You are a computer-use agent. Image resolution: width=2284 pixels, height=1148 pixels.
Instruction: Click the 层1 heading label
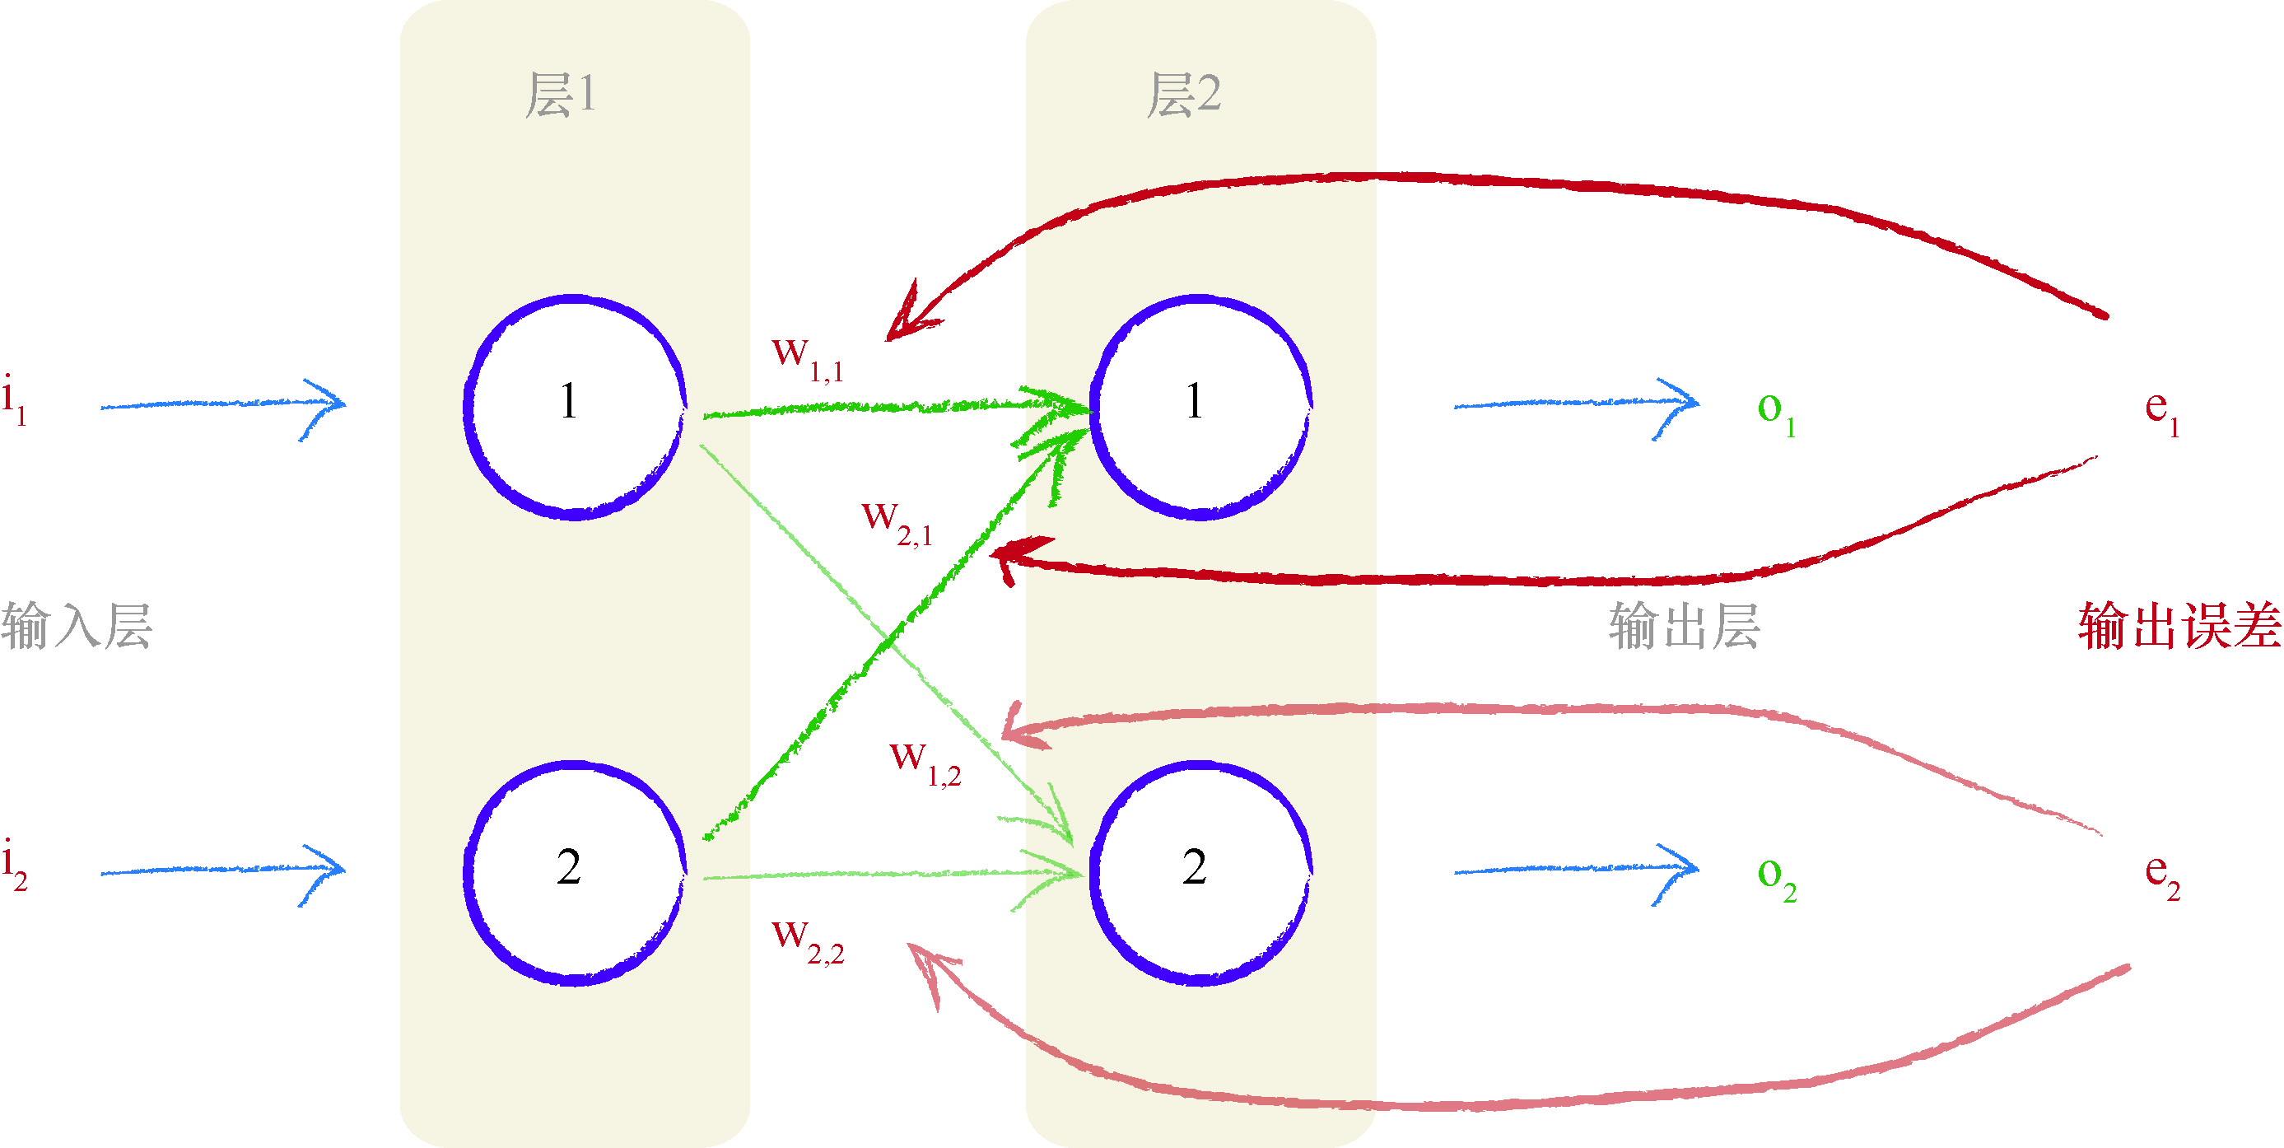pos(561,95)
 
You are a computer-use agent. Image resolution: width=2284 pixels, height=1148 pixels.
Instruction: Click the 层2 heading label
pos(1184,95)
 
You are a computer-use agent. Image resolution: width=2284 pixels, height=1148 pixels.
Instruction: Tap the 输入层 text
pos(77,627)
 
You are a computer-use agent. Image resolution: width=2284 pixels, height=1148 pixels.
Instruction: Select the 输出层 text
pos(1684,627)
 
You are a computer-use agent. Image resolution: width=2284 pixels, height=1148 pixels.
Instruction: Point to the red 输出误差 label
pos(2179,627)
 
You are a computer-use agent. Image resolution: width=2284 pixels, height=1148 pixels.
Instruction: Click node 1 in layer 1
pos(574,407)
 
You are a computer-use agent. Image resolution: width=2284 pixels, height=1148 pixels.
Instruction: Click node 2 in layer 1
pos(574,873)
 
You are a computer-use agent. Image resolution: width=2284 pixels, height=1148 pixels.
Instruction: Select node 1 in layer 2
pos(1200,407)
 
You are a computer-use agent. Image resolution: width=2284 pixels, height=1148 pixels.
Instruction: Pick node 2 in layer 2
pos(1200,873)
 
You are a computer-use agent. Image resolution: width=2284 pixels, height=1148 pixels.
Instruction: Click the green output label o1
pos(1776,413)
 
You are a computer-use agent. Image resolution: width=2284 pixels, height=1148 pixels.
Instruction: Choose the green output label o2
pos(1776,878)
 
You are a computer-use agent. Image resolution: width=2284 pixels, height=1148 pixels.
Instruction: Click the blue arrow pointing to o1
pos(1577,404)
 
